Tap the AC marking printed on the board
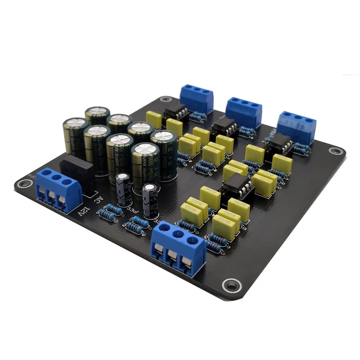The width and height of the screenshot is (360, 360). pyautogui.click(x=98, y=200)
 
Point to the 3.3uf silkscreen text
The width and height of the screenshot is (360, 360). pyautogui.click(x=135, y=210)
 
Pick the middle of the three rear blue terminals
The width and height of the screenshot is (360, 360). pyautogui.click(x=244, y=112)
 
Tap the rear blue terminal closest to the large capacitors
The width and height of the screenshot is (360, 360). pyautogui.click(x=196, y=98)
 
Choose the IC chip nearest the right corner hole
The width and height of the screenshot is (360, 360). pyautogui.click(x=276, y=146)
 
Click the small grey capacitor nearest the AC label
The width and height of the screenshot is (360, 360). pyautogui.click(x=123, y=190)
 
